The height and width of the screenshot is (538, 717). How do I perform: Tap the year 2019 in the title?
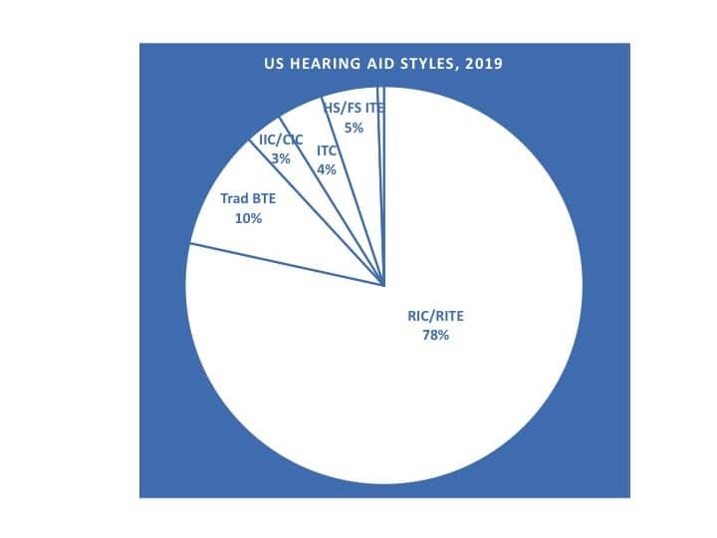pyautogui.click(x=483, y=64)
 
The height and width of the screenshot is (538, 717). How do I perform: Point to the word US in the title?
pyautogui.click(x=274, y=64)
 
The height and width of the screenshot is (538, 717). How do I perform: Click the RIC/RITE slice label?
pyautogui.click(x=435, y=316)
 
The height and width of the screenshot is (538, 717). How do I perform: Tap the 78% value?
pyautogui.click(x=435, y=336)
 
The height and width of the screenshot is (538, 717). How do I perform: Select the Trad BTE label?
pyautogui.click(x=248, y=198)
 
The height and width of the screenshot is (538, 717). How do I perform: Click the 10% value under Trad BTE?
pyautogui.click(x=248, y=218)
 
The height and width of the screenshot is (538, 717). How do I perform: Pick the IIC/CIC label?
pyautogui.click(x=281, y=140)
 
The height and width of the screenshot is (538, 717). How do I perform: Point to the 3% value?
pyautogui.click(x=281, y=158)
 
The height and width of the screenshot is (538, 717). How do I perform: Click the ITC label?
pyautogui.click(x=327, y=151)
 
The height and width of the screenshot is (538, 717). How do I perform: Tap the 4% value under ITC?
pyautogui.click(x=327, y=169)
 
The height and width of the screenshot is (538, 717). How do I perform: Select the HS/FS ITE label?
pyautogui.click(x=354, y=109)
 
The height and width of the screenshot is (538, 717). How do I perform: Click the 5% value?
pyautogui.click(x=354, y=129)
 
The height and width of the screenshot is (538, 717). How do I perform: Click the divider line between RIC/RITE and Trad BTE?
pyautogui.click(x=287, y=265)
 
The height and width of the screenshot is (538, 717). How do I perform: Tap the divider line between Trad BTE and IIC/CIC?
pyautogui.click(x=317, y=213)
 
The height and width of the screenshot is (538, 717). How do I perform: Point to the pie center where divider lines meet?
pyautogui.click(x=383, y=286)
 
